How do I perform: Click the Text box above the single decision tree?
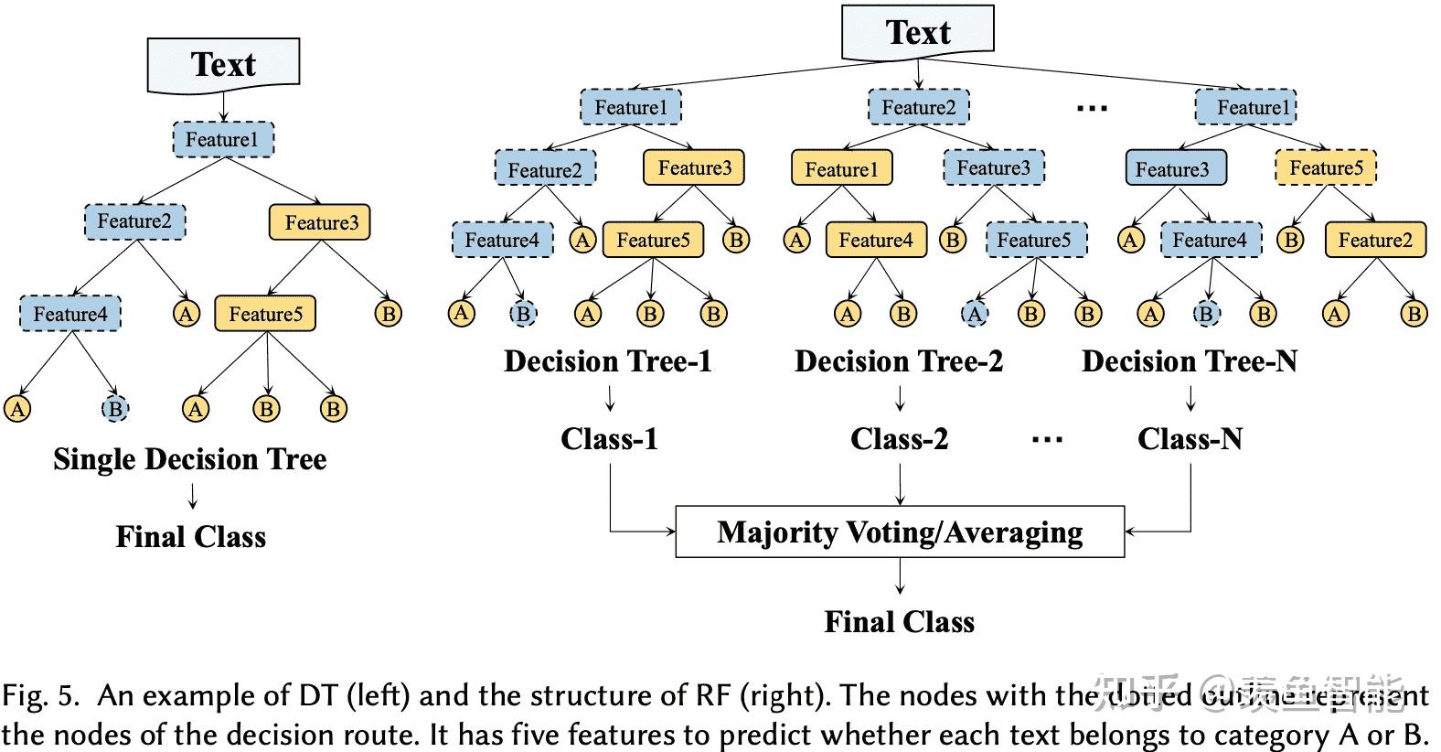point(223,65)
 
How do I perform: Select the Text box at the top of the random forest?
point(917,33)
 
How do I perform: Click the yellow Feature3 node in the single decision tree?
point(320,222)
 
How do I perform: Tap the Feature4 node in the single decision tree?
point(69,314)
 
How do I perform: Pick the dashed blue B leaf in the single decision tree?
point(114,409)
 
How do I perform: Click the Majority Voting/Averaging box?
point(900,532)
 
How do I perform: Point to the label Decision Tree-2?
point(898,361)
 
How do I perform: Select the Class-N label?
point(1190,439)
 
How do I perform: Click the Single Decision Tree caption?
point(189,459)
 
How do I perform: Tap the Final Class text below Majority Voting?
point(899,622)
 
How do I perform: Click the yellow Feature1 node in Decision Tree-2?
point(841,169)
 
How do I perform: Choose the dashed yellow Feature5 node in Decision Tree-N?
point(1326,168)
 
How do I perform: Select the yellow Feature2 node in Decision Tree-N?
point(1375,240)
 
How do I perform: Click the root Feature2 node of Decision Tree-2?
point(918,107)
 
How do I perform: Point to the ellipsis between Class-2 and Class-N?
point(1047,441)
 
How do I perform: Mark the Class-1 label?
point(609,439)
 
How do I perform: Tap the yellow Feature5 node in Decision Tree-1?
point(653,240)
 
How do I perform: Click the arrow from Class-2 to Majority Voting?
point(901,485)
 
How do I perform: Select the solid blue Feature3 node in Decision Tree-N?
point(1174,169)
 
